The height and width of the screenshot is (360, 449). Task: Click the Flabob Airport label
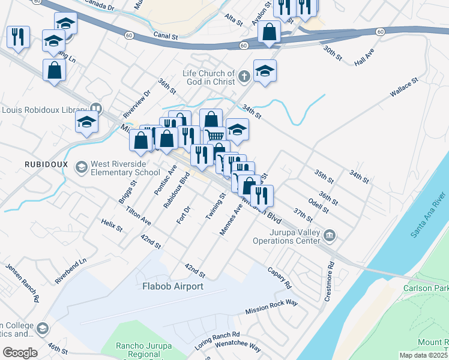(172, 286)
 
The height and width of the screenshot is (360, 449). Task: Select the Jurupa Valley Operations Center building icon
(330, 235)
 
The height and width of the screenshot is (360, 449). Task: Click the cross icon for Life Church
(243, 77)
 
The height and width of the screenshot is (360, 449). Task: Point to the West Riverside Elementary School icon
(82, 166)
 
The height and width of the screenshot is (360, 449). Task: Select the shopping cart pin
(214, 134)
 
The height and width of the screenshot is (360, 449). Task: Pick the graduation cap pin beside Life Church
(265, 70)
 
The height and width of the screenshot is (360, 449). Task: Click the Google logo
(19, 352)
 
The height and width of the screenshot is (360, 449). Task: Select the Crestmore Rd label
(331, 272)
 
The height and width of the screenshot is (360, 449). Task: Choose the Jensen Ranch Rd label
(22, 282)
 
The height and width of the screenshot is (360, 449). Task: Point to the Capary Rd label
(280, 277)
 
